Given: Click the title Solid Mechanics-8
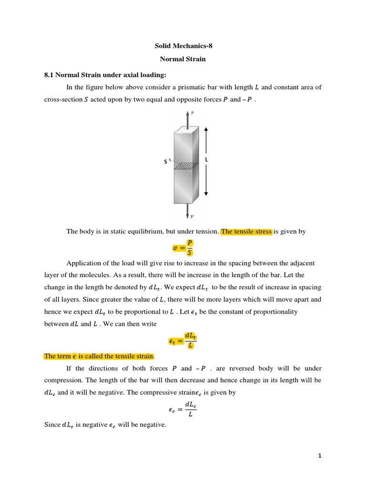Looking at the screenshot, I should pos(183,46).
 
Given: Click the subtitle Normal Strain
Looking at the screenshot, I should pos(183,60).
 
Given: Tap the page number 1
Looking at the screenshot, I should pos(320,456).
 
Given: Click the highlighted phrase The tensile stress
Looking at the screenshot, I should pos(246,232).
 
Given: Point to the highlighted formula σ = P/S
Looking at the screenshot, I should pos(183,248).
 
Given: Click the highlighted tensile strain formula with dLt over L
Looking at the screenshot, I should pos(183,341).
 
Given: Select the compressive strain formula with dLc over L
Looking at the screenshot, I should pos(183,409).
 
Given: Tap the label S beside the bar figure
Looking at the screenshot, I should pos(165,162).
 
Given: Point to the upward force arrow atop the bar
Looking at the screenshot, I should pos(187,120).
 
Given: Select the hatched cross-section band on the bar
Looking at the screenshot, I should pos(186,166).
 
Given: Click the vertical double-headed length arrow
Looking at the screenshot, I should pos(205,162).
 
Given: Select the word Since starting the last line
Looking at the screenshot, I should pos(52,425).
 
